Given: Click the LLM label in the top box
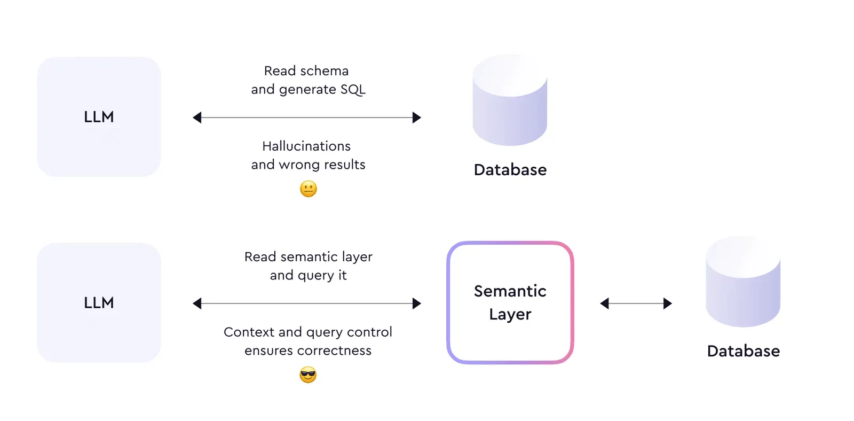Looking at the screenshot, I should coord(99,117).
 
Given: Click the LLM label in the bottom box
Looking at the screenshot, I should coord(99,303).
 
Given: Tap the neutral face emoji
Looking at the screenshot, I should coord(309,189).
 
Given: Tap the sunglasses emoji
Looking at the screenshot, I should coord(308,375).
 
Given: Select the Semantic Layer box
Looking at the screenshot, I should coord(510,302).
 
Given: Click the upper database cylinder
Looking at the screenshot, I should coord(510,102).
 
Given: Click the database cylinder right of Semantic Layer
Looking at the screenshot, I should coord(742,283).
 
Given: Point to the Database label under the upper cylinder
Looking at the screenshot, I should coord(510,170).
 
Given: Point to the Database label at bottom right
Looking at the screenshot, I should coord(743,351).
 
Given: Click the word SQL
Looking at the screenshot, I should coord(353,89).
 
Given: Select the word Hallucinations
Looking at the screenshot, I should coord(306,146).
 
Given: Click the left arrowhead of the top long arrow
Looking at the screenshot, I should coord(197,118).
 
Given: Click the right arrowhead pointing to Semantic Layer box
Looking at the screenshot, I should coord(417,303).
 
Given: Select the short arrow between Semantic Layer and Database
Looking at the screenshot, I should coord(636,303).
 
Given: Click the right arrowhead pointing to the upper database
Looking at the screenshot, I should coord(417,118).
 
